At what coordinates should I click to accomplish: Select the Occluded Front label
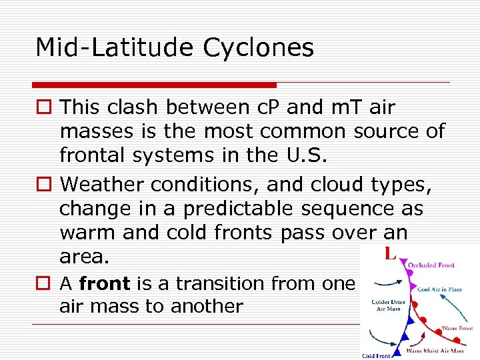point(431,265)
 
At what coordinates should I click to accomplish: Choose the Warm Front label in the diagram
point(457,328)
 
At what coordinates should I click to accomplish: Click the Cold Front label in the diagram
point(377,356)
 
